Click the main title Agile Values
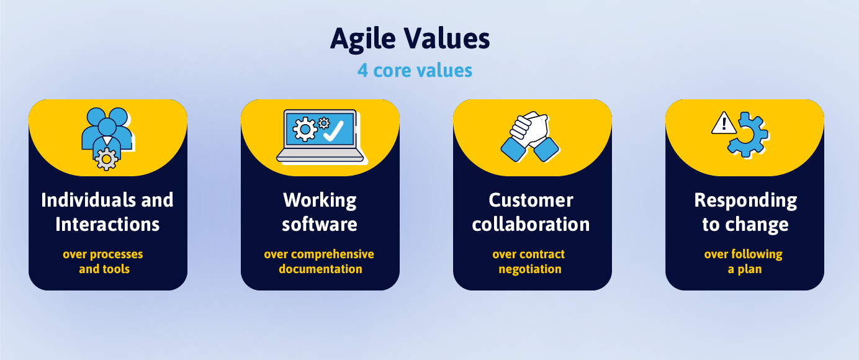[410, 39]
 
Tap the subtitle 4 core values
[415, 70]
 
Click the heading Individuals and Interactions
[107, 212]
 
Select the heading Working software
[320, 212]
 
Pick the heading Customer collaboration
[531, 212]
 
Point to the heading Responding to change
[745, 212]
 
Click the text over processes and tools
[104, 261]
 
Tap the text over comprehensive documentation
[320, 261]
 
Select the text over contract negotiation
[529, 261]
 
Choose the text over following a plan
[744, 261]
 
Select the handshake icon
[529, 136]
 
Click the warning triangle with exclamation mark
[723, 124]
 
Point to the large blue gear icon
[748, 135]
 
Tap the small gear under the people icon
[107, 160]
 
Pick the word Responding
[745, 200]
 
